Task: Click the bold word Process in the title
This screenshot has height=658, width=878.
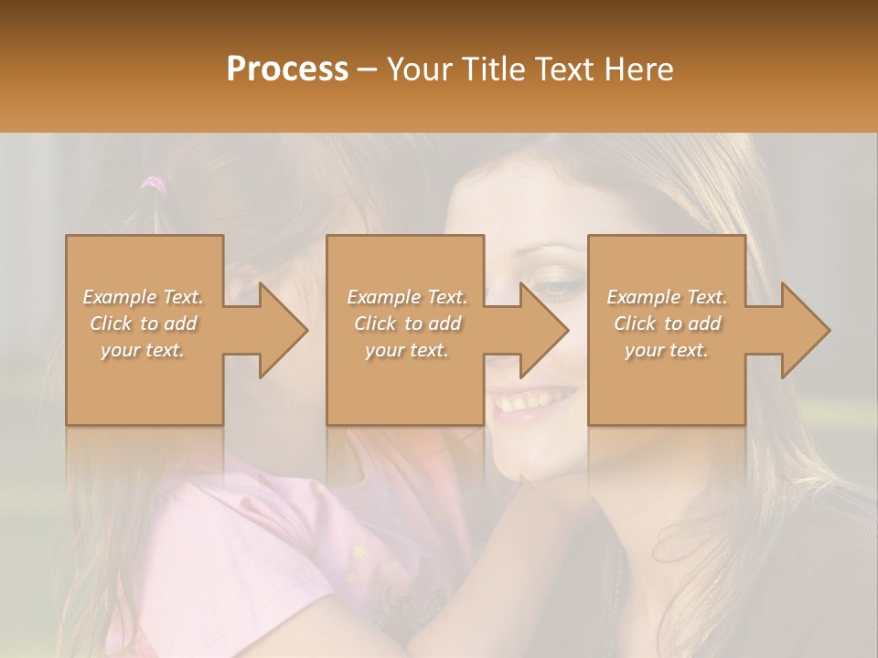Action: pos(287,69)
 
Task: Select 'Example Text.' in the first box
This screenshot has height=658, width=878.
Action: pos(143,297)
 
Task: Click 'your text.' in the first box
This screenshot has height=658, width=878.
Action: pos(143,350)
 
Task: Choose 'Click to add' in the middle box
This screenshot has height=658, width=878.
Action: pos(407,324)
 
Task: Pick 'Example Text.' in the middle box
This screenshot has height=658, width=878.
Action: pos(407,297)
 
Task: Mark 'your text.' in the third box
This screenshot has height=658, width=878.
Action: pos(667,350)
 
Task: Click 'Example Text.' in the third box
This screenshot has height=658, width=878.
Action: pos(667,297)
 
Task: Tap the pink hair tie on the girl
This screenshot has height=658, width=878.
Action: pos(155,185)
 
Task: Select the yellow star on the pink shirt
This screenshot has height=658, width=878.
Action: pos(359,551)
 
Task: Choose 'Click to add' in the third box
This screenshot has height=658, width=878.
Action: pos(667,324)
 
